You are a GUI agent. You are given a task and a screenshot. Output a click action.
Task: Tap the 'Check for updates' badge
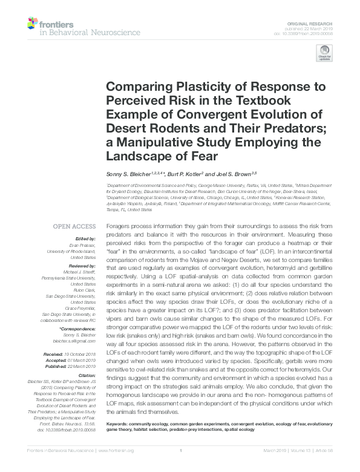point(324,56)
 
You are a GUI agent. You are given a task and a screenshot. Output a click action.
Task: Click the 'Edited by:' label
point(83,240)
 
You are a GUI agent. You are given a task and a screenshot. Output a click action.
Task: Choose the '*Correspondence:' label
point(77,329)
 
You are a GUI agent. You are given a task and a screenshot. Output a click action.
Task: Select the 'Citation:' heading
point(85,376)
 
